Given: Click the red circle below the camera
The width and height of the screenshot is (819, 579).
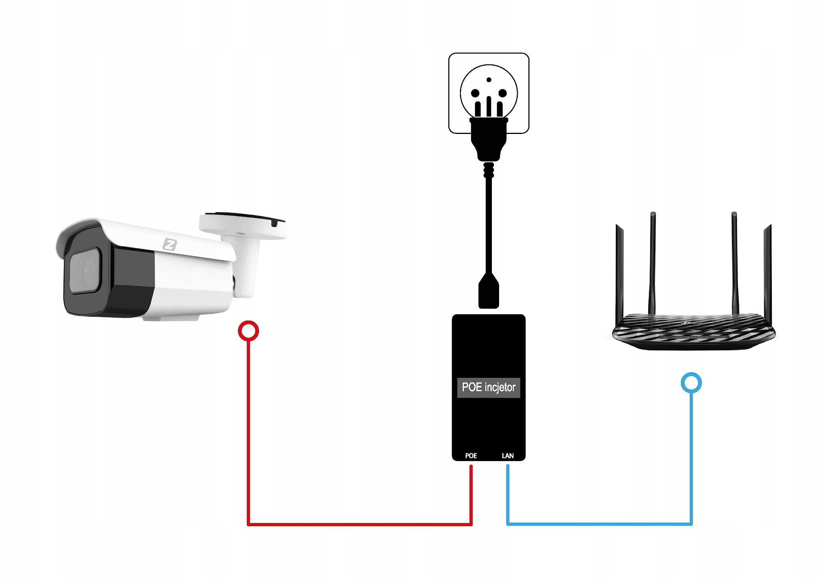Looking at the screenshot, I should tap(248, 331).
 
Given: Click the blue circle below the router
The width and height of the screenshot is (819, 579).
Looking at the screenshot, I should tap(691, 383).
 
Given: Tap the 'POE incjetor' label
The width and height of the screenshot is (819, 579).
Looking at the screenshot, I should tap(488, 387).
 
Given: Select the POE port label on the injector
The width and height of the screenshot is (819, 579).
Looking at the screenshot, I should tap(471, 456).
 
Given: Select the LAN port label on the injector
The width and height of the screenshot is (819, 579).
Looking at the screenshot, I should tap(507, 456).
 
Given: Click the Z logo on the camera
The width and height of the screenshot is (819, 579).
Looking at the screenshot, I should tap(170, 244).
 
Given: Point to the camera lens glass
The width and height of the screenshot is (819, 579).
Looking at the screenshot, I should tap(84, 271).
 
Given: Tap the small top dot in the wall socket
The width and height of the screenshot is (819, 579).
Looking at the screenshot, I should tap(489, 80).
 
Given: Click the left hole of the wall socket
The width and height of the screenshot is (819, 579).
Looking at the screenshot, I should tap(475, 94).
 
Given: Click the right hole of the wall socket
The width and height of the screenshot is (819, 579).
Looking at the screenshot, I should tap(503, 94).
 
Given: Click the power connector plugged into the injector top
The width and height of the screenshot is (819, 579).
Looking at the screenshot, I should tap(489, 292).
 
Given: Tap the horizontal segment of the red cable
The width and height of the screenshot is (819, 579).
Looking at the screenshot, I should tap(360, 524).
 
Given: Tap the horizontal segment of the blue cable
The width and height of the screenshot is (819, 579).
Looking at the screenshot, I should tap(600, 523).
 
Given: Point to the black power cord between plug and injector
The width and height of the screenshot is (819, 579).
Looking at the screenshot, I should tap(489, 224).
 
